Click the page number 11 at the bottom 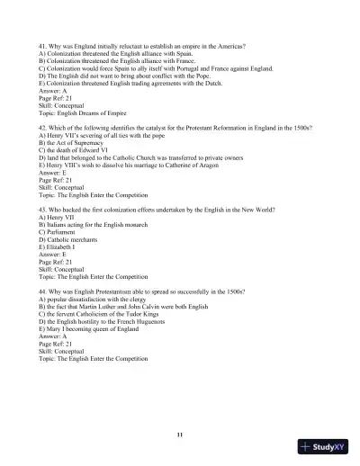pyautogui.click(x=180, y=435)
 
